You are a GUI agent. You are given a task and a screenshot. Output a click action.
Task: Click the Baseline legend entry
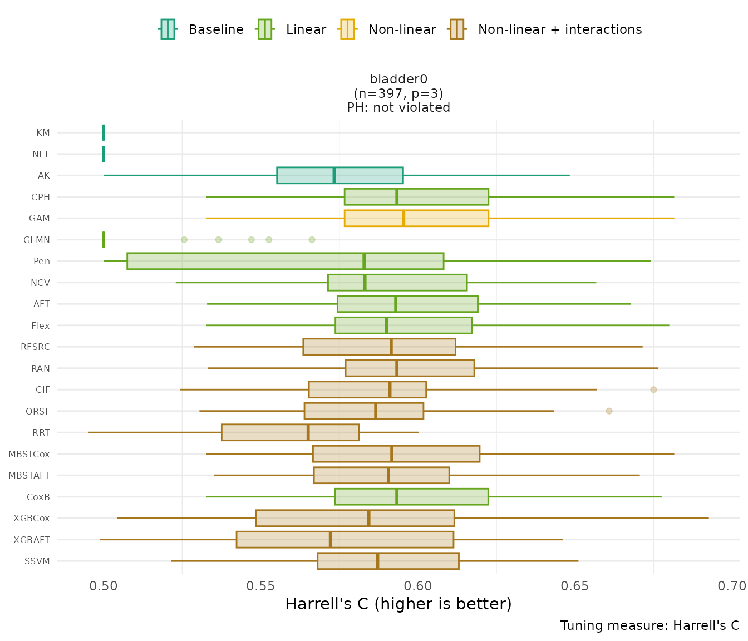point(201,29)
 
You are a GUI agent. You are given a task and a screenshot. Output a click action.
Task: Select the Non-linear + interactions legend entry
point(545,29)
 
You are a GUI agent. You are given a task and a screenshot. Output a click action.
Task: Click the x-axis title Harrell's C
point(398,604)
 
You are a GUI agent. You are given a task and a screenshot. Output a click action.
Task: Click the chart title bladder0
point(398,80)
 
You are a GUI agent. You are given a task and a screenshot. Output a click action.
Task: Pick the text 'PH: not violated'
point(398,107)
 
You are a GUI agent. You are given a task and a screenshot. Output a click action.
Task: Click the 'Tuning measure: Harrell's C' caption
point(649,625)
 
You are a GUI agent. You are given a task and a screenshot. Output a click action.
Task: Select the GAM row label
point(40,218)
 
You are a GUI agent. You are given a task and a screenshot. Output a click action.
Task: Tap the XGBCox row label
point(32,518)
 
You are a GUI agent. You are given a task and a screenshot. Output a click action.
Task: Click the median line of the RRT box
point(308,432)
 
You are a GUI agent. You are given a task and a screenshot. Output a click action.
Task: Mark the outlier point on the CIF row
point(653,389)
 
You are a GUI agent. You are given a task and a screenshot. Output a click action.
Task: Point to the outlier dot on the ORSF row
point(609,411)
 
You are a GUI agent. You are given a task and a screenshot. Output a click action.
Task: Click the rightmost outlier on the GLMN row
point(312,240)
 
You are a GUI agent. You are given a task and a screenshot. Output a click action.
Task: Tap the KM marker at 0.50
point(104,132)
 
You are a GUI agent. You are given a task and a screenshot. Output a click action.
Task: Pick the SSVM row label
point(37,561)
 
